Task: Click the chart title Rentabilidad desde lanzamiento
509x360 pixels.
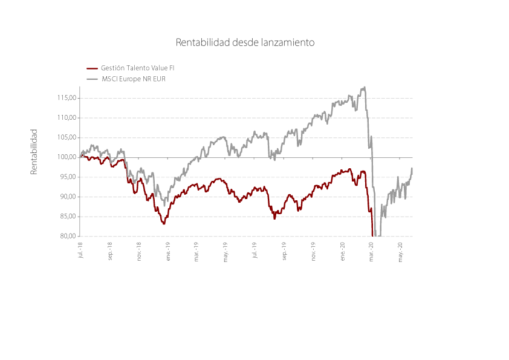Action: tap(245, 42)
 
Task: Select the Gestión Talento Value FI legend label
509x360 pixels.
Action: tap(138, 68)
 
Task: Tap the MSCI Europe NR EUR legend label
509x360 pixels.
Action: tap(134, 79)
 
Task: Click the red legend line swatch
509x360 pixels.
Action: tap(92, 68)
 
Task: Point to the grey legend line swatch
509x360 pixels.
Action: tap(92, 79)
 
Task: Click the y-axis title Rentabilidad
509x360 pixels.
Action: tap(34, 152)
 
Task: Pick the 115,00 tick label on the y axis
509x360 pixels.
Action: tap(67, 98)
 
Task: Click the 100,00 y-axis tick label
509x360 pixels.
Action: tap(67, 157)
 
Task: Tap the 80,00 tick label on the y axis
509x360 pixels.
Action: tap(68, 236)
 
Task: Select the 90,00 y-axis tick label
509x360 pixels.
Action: tap(68, 197)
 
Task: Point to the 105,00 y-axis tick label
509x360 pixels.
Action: tap(67, 137)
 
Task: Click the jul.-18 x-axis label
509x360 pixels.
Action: tap(80, 250)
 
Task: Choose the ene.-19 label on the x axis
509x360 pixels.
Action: tap(168, 251)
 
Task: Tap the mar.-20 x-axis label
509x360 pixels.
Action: tap(371, 252)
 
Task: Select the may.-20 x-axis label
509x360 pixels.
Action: tap(400, 252)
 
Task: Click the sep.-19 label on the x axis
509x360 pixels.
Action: tap(284, 251)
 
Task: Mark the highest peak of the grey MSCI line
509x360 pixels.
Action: tap(365, 87)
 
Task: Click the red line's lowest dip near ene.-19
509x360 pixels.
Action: tap(164, 223)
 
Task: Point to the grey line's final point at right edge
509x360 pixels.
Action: tap(412, 168)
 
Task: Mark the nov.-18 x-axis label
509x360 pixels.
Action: tap(139, 251)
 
